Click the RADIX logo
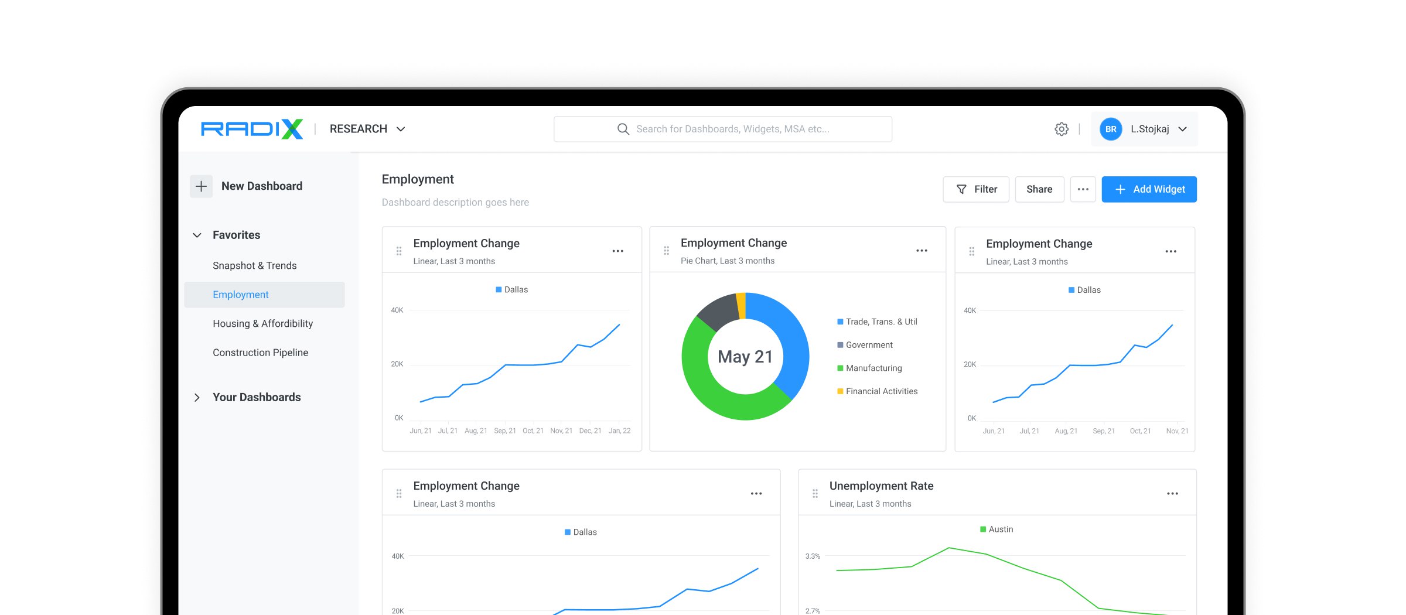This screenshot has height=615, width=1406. pyautogui.click(x=252, y=129)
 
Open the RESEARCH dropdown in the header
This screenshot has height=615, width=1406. pyautogui.click(x=367, y=129)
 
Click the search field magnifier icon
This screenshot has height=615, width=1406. pyautogui.click(x=623, y=129)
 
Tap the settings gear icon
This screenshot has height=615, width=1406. pyautogui.click(x=1062, y=129)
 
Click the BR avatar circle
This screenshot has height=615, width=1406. pyautogui.click(x=1111, y=129)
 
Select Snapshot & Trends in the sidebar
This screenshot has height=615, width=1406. pyautogui.click(x=255, y=265)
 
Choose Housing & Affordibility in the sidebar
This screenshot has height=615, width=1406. pyautogui.click(x=263, y=323)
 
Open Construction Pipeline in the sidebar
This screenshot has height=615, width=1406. pyautogui.click(x=261, y=353)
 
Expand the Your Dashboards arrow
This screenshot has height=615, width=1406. pyautogui.click(x=197, y=397)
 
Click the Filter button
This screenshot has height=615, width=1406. pyautogui.click(x=976, y=189)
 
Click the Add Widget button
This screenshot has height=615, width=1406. pyautogui.click(x=1149, y=189)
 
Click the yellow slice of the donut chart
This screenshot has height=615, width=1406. pyautogui.click(x=741, y=305)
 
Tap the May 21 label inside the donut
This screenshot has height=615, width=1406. pyautogui.click(x=745, y=357)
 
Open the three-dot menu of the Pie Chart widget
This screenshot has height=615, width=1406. pyautogui.click(x=922, y=251)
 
